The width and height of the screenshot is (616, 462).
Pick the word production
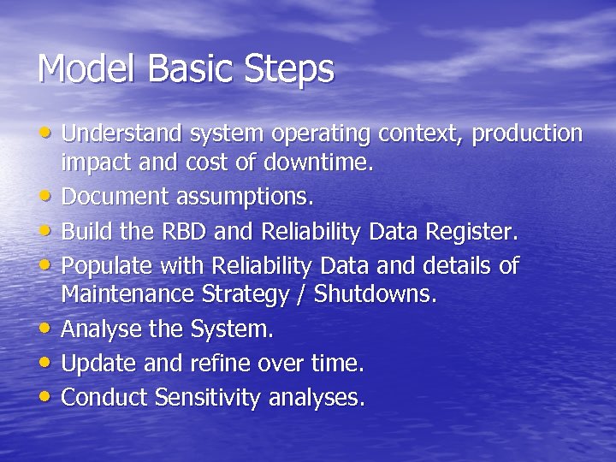pos(527,134)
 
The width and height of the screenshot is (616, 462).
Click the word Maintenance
pos(127,295)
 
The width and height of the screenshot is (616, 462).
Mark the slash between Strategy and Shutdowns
pos(299,295)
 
